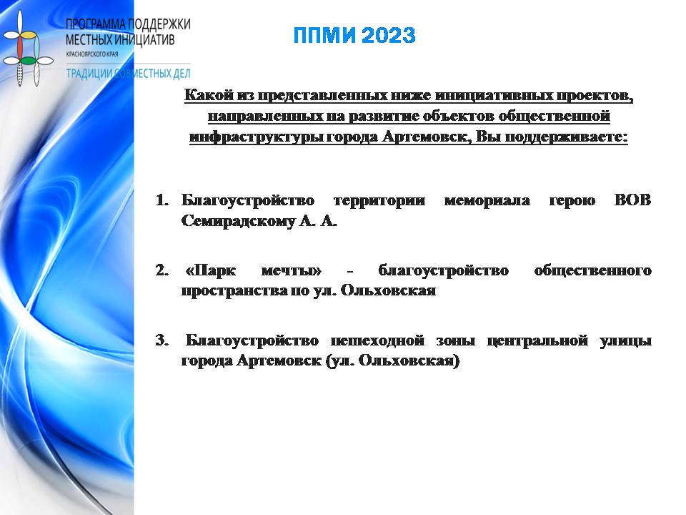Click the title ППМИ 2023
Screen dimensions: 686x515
(354, 36)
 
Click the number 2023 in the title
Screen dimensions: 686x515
(389, 36)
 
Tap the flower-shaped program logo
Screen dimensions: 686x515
(27, 48)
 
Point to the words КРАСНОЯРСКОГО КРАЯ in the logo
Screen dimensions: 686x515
(92, 54)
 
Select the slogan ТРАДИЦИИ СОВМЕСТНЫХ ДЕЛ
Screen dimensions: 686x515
(128, 73)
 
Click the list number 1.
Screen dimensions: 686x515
(162, 200)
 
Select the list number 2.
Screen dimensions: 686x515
(162, 270)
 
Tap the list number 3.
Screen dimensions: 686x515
(162, 340)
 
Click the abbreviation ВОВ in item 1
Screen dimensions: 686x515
(632, 200)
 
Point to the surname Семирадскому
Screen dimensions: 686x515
(238, 221)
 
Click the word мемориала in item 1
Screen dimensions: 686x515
(487, 200)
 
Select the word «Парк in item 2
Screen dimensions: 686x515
(211, 270)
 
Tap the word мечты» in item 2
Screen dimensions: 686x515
(291, 270)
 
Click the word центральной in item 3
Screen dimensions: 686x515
(537, 340)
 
